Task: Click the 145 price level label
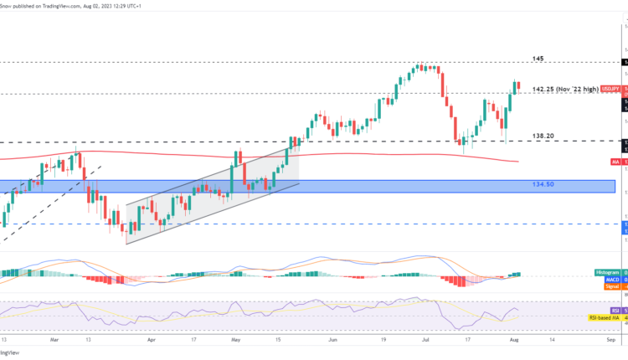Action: tap(538, 59)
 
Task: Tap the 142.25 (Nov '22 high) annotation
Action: tap(566, 88)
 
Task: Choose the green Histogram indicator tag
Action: tap(607, 273)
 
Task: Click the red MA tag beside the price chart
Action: tap(615, 162)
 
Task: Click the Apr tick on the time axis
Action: tap(152, 342)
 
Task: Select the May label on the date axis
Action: tap(237, 342)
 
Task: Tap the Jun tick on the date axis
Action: tap(333, 342)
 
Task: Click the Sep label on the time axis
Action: tap(610, 342)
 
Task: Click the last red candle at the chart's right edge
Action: tap(519, 86)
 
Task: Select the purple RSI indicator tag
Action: tap(615, 310)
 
